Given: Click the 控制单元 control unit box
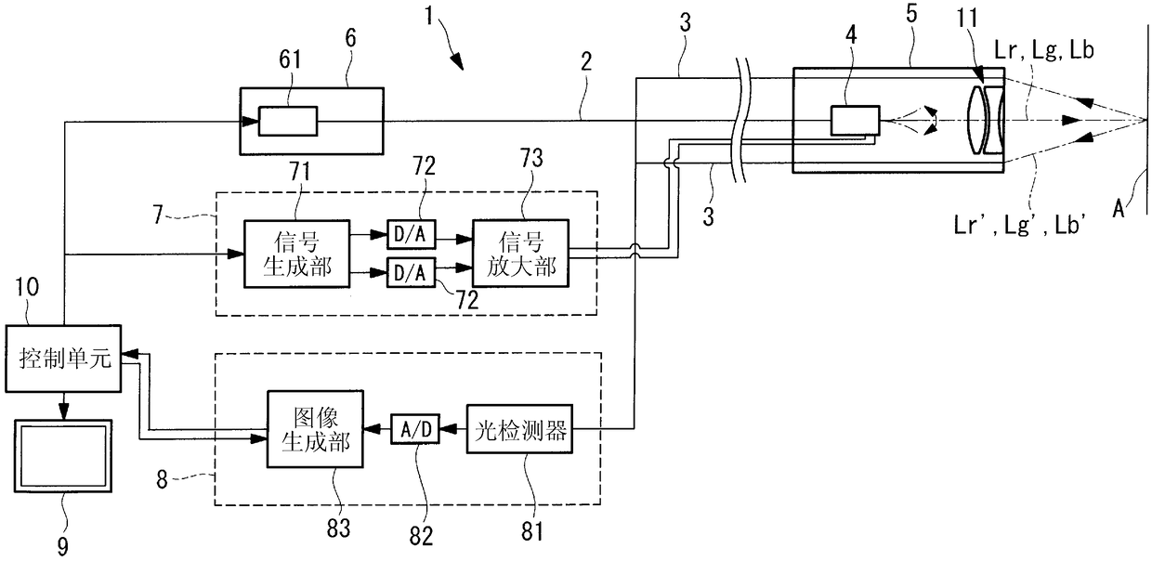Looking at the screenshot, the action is point(63,359).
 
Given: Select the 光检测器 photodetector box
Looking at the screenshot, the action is point(519,429).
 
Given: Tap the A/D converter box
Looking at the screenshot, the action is point(415,429).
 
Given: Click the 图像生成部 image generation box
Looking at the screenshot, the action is point(315,429).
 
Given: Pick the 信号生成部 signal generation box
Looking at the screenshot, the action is point(296,254).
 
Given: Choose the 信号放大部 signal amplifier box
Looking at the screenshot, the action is point(520,253).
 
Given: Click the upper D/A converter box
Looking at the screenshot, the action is point(411,234).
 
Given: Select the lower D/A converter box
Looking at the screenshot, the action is point(411,272).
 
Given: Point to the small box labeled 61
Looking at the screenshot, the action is point(288,122).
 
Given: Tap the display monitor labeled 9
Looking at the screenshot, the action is point(63,456).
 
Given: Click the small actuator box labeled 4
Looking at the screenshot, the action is point(855,121).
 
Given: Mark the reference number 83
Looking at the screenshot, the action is point(338,528).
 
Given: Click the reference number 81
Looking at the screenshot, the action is point(531,531).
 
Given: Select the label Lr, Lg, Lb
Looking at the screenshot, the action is point(1044,50).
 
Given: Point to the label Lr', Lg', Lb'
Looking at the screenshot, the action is point(1020,225).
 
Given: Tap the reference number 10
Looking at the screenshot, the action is point(27,287).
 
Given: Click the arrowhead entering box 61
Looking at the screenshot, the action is point(251,122).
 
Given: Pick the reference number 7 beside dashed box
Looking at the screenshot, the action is point(158,215).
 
